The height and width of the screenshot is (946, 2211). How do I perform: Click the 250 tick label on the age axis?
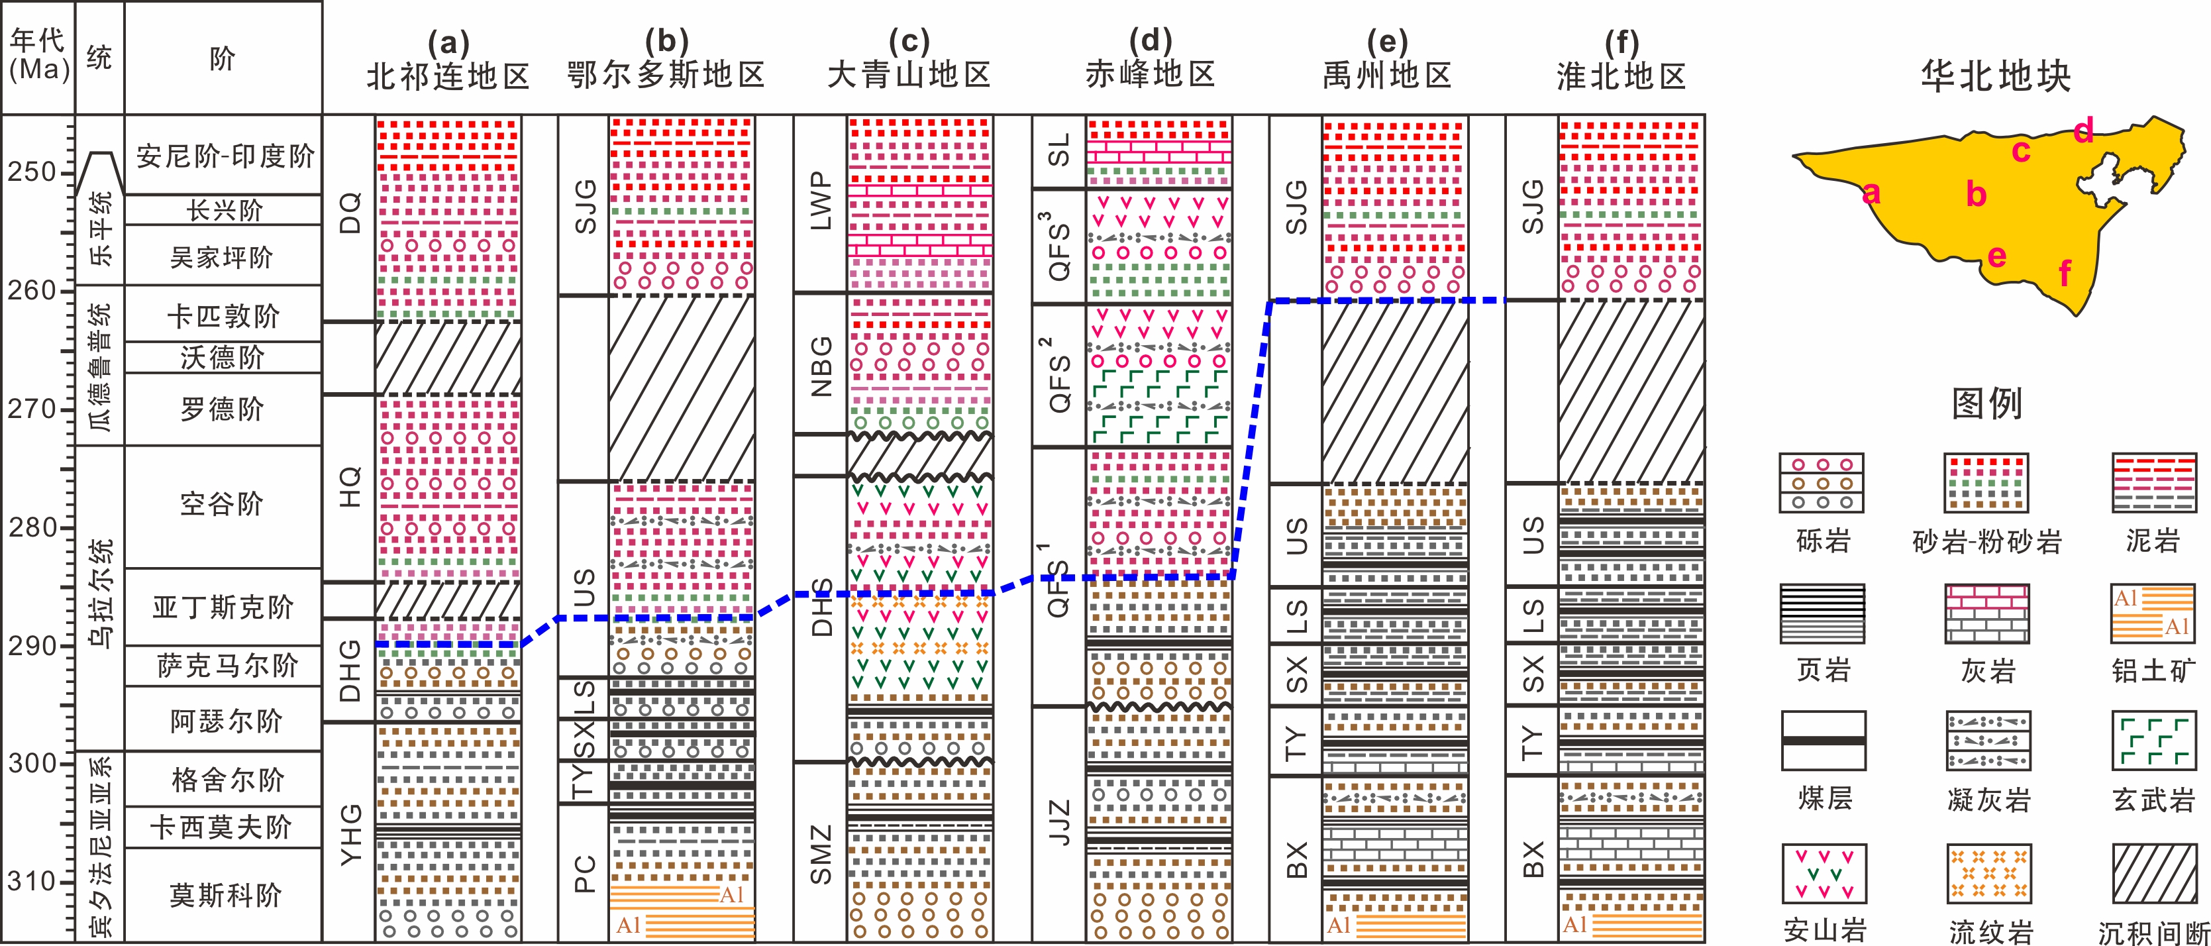pyautogui.click(x=31, y=172)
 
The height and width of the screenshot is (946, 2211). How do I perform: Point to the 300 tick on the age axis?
pyautogui.click(x=31, y=763)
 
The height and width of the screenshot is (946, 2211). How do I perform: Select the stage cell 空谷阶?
pyautogui.click(x=223, y=504)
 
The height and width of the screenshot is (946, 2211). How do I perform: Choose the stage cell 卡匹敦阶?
pyautogui.click(x=223, y=316)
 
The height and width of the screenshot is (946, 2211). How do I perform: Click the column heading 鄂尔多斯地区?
pyautogui.click(x=666, y=76)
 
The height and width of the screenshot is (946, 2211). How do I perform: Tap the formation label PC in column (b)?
pyautogui.click(x=584, y=874)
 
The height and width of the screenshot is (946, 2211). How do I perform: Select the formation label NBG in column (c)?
pyautogui.click(x=821, y=366)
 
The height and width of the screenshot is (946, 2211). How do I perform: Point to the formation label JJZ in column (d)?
pyautogui.click(x=1060, y=822)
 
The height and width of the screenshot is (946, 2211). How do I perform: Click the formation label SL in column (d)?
pyautogui.click(x=1060, y=151)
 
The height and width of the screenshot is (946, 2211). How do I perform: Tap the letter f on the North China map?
pyautogui.click(x=2064, y=274)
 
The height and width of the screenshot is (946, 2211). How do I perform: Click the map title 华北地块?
pyautogui.click(x=1996, y=76)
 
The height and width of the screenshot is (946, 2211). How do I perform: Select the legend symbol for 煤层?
pyautogui.click(x=1823, y=741)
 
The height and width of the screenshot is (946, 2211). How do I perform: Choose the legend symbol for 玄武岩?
pyautogui.click(x=2153, y=741)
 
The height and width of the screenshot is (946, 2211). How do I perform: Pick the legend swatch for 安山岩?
pyautogui.click(x=1823, y=873)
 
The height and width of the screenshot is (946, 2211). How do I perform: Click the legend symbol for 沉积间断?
pyautogui.click(x=2153, y=873)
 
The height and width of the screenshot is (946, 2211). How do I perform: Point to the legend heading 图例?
pyautogui.click(x=1988, y=403)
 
